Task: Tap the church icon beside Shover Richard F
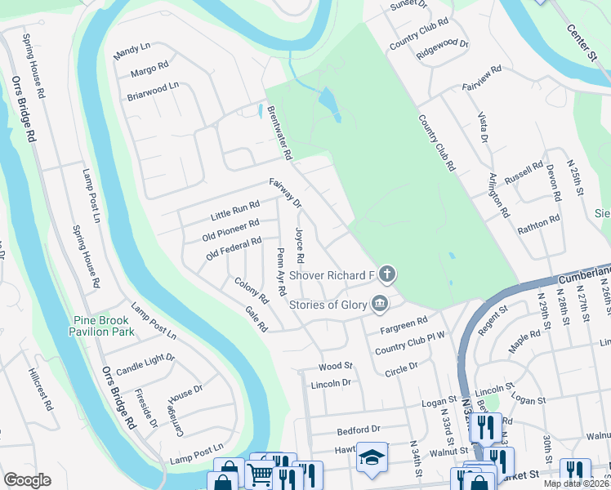coord(387,274)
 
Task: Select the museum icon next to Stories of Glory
coord(380,305)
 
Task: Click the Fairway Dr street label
coord(285,192)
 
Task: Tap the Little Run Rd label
coord(234,210)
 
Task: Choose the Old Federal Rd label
coord(234,247)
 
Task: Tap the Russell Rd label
coord(524,173)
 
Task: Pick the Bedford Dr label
coord(359,430)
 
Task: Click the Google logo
coord(27,480)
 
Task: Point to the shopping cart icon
coord(261,473)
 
